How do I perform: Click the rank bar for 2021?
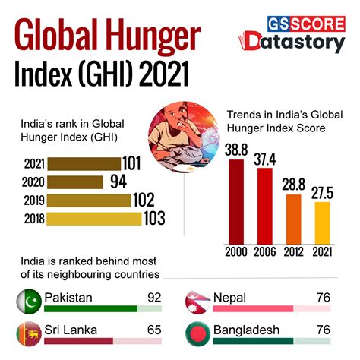[84, 163]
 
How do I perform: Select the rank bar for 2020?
[74, 182]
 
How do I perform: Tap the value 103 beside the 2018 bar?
[154, 219]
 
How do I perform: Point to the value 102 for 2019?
[154, 201]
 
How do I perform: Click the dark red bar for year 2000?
[236, 201]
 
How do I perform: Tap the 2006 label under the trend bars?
[265, 251]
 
